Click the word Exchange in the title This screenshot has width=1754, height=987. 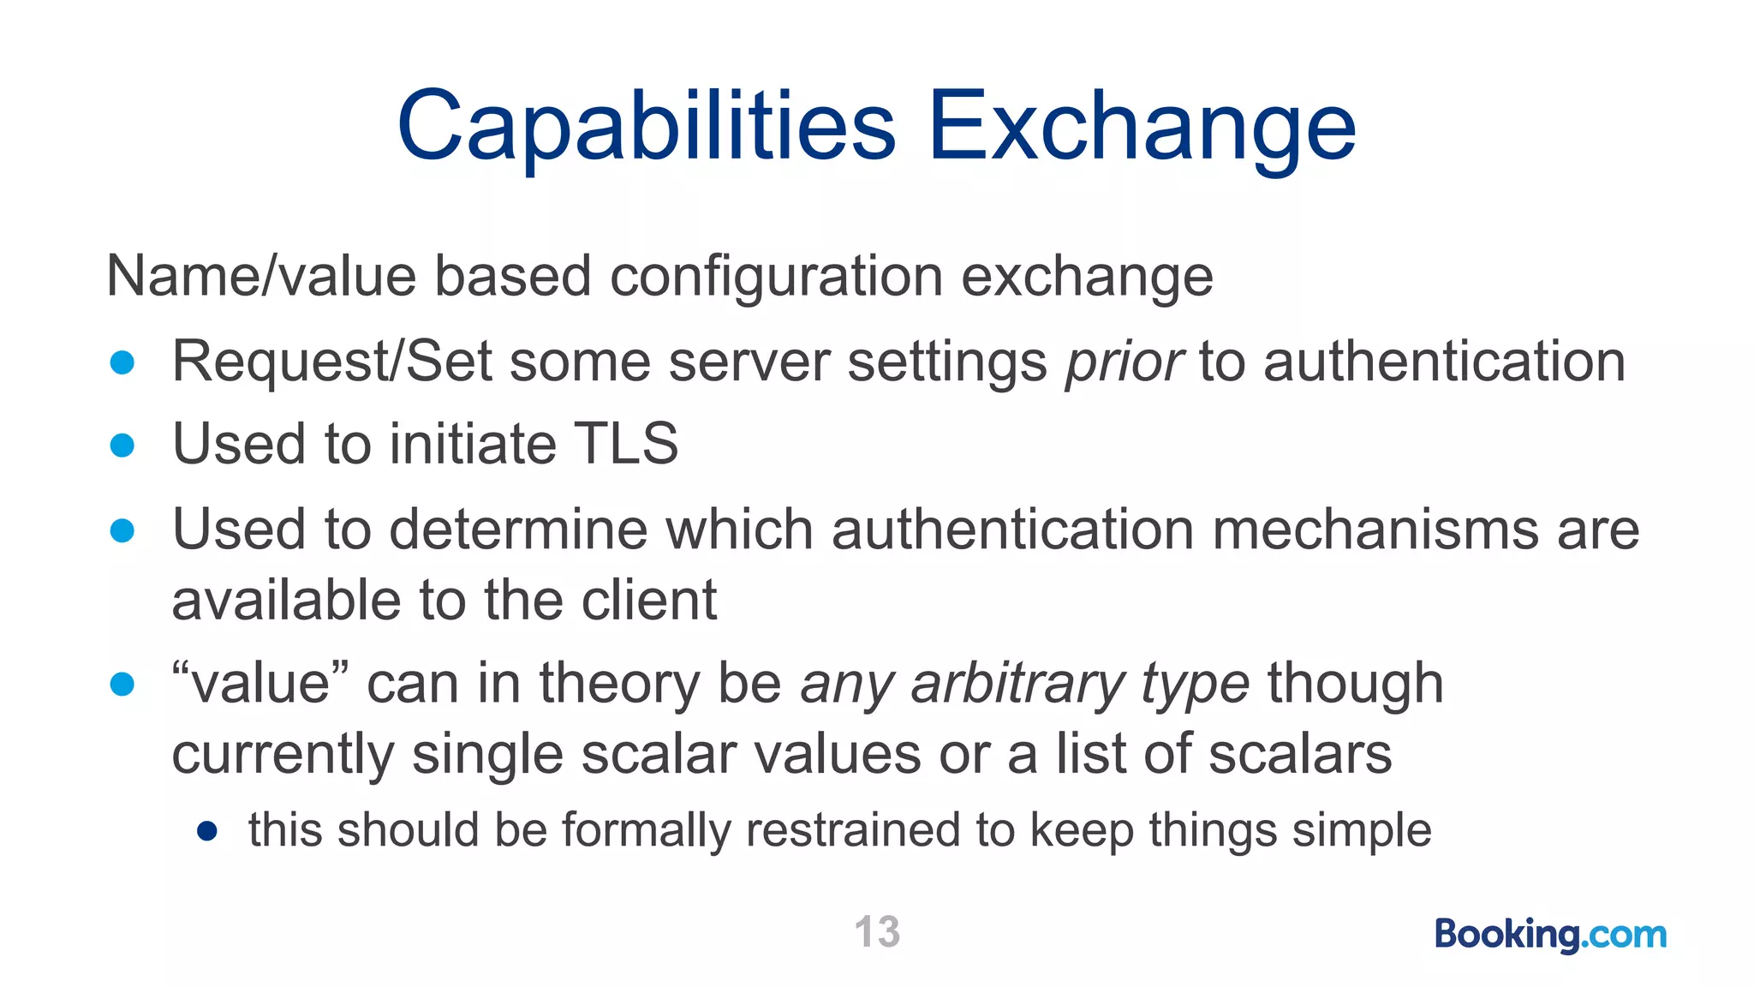coord(1142,129)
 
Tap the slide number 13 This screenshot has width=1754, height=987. coord(877,931)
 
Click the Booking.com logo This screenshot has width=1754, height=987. coord(1550,934)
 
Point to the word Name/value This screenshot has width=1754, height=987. coord(260,277)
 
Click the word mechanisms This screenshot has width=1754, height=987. coord(1375,529)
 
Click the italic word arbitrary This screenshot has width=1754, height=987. coord(1017,684)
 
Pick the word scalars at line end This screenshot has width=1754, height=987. coord(1300,754)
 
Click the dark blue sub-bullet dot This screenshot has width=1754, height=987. coord(206,831)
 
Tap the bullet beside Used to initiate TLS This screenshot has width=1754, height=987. coord(122,446)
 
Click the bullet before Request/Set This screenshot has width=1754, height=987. coord(122,362)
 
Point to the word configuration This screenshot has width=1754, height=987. coord(776,277)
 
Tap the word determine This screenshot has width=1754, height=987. coord(518,529)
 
